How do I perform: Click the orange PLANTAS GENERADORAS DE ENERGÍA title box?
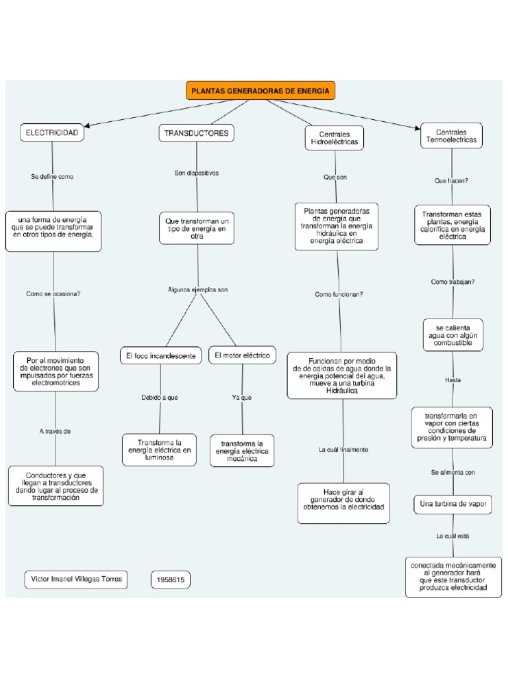(x=261, y=91)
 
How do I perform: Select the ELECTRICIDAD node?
(x=52, y=133)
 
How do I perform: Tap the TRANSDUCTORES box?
(x=196, y=133)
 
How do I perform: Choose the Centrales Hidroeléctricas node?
(x=334, y=138)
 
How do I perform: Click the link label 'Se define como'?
(x=52, y=177)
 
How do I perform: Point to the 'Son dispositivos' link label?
(x=196, y=173)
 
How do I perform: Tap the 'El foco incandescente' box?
(x=161, y=356)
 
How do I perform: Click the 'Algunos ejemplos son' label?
(x=198, y=289)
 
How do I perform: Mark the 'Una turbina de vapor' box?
(x=453, y=504)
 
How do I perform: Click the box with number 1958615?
(x=171, y=580)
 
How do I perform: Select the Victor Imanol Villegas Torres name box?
(x=76, y=579)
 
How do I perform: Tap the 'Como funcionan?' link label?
(x=339, y=294)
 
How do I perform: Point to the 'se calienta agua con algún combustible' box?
(x=453, y=336)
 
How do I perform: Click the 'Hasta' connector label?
(x=453, y=380)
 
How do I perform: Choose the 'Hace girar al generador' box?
(x=343, y=503)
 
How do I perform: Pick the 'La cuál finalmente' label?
(x=343, y=450)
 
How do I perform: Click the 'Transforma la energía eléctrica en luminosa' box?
(x=159, y=450)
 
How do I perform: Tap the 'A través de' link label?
(x=55, y=431)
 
